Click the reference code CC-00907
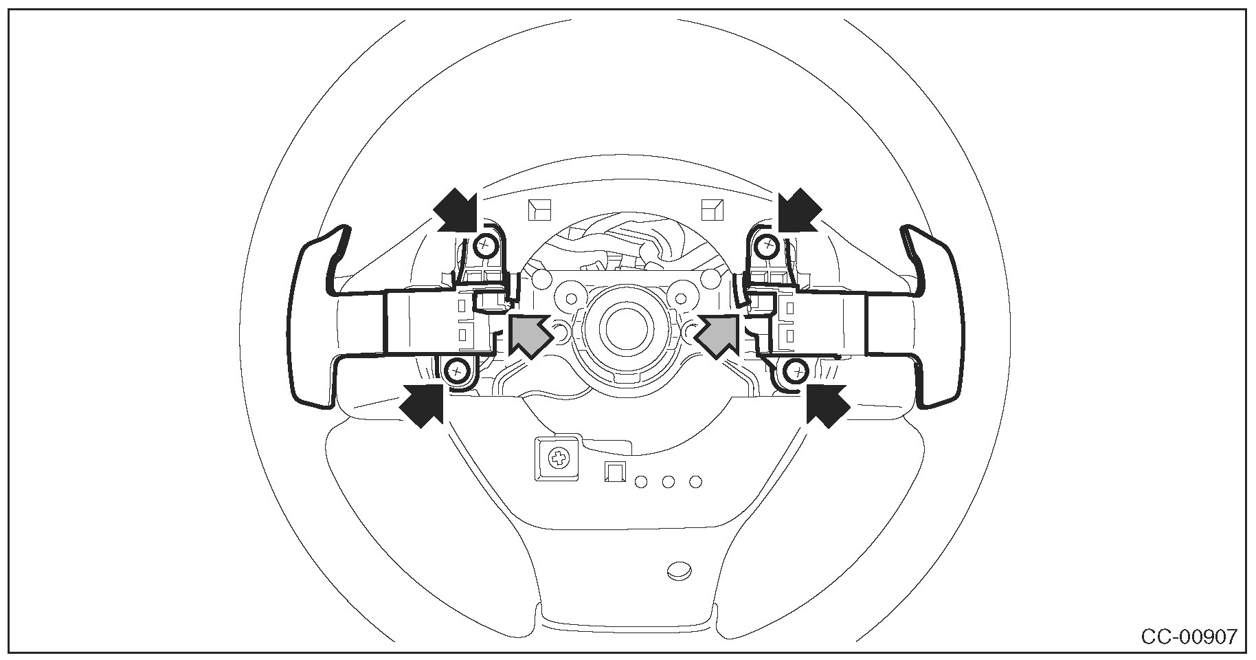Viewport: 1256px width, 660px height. point(1189,637)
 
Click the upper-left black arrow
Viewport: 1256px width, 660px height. point(455,209)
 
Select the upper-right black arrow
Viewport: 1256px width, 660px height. point(800,209)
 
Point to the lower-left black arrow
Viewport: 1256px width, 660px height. point(421,406)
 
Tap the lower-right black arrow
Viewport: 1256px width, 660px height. point(828,406)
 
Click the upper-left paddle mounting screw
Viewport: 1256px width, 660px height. point(485,244)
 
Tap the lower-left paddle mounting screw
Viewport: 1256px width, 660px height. point(456,372)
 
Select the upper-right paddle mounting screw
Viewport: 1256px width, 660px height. point(767,244)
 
